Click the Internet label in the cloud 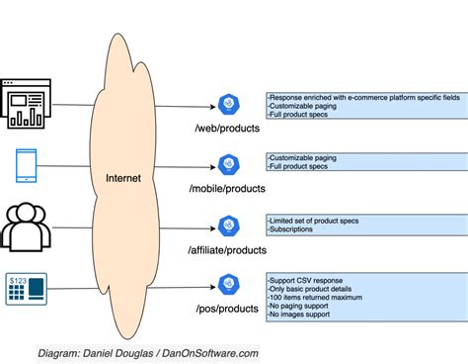[123, 178]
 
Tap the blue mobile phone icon [26, 164]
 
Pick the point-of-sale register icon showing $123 [26, 288]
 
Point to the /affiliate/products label [228, 251]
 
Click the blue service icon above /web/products [229, 106]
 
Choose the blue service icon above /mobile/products [229, 164]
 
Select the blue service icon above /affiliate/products [229, 225]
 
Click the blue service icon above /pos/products [229, 287]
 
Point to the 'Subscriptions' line [292, 229]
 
